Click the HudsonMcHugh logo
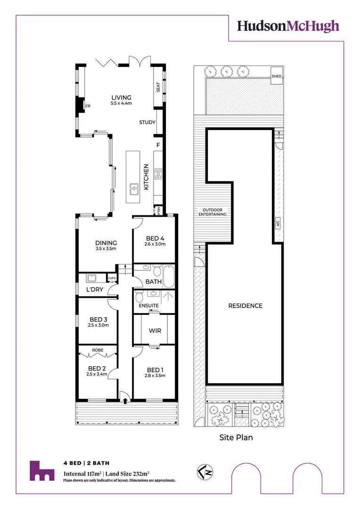(x=288, y=26)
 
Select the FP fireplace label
(x=88, y=107)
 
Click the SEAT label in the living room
(x=158, y=87)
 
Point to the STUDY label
(x=147, y=123)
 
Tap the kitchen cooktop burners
(x=158, y=173)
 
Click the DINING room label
(x=106, y=243)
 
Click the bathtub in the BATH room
(x=169, y=276)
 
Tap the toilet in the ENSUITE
(x=139, y=296)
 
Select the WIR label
(x=155, y=330)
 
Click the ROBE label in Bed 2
(x=97, y=350)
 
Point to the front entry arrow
(x=125, y=401)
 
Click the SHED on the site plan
(x=277, y=76)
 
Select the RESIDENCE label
(x=245, y=306)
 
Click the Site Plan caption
(x=236, y=438)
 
